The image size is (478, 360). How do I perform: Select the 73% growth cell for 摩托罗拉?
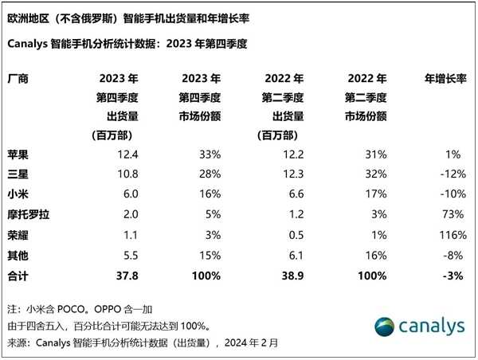(454, 213)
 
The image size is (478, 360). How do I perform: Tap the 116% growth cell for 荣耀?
(452, 235)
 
